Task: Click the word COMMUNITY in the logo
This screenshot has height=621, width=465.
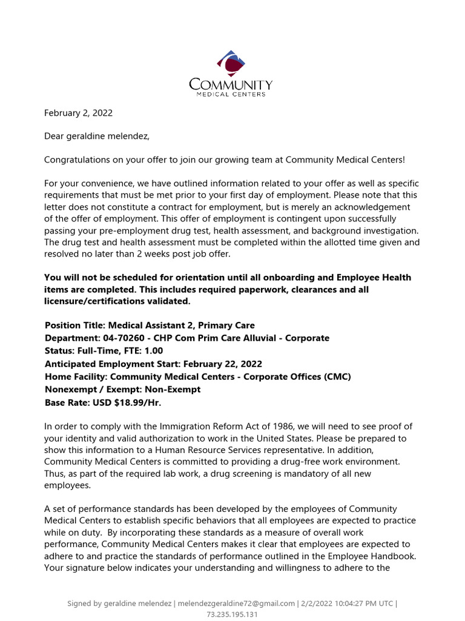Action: point(231,84)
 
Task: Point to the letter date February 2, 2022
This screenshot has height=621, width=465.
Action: point(78,113)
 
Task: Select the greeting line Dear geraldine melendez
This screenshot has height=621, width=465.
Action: point(97,136)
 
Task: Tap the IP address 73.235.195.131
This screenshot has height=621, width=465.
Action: point(232,614)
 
